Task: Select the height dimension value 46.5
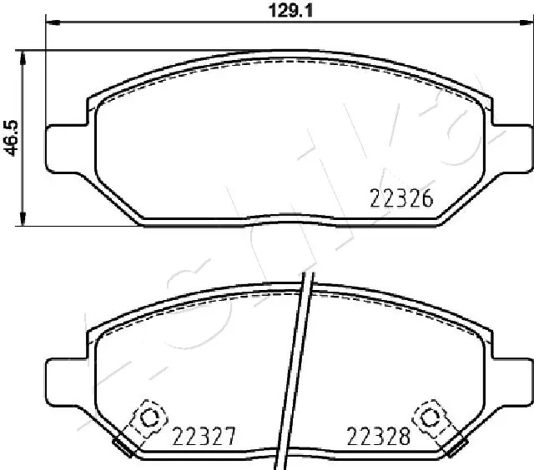tap(12, 137)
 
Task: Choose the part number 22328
tap(377, 435)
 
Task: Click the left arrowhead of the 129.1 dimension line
tap(50, 26)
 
